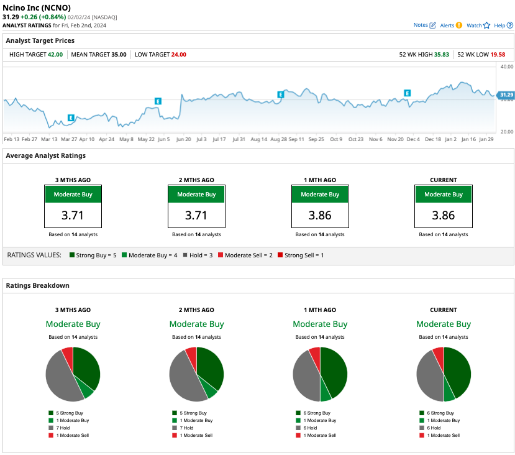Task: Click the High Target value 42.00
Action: pos(55,55)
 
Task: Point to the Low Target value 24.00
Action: pos(178,55)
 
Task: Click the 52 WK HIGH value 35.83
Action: pos(442,55)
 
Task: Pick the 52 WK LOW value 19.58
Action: pos(498,55)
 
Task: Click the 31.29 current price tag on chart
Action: pos(506,95)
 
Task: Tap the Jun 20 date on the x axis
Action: pos(184,139)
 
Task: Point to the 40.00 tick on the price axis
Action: pos(506,66)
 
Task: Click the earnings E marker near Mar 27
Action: pos(71,117)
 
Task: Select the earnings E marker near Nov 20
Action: pos(408,93)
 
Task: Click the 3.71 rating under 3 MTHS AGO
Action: pos(73,216)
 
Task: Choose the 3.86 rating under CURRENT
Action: pos(444,216)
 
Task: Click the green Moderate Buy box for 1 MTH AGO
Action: pos(320,195)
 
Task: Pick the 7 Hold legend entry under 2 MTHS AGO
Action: pos(187,428)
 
